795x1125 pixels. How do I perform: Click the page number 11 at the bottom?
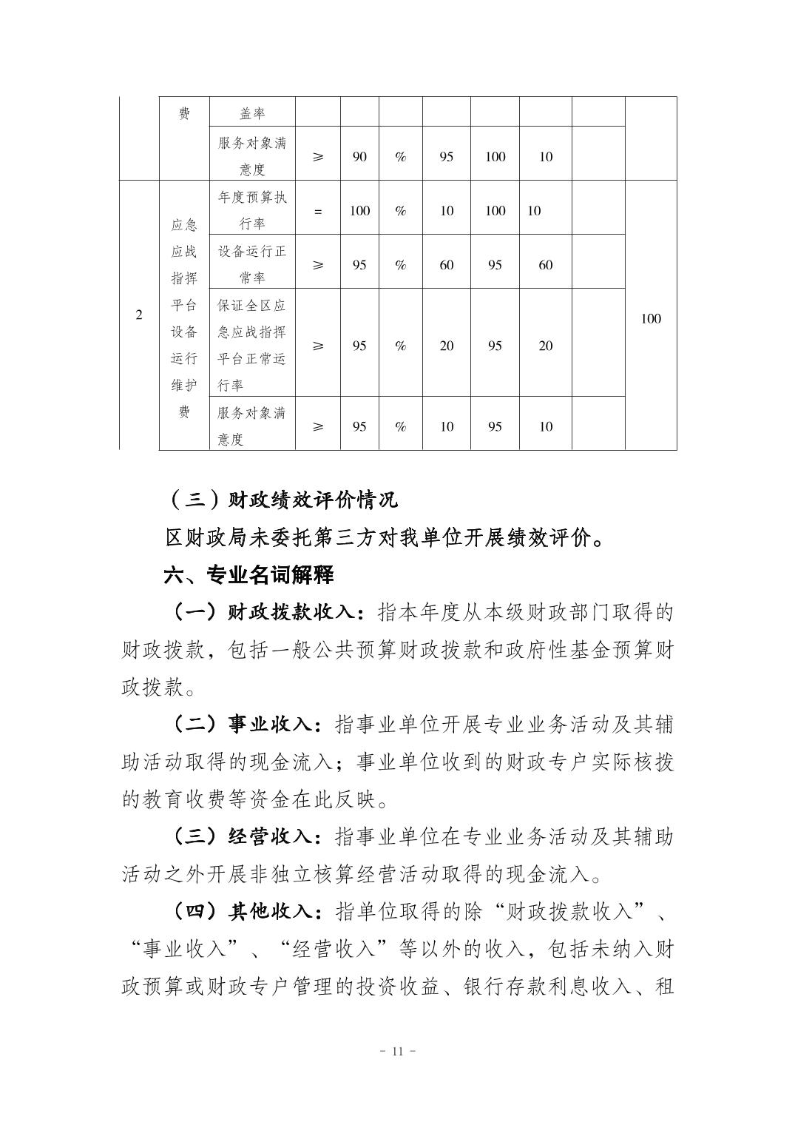click(x=397, y=1052)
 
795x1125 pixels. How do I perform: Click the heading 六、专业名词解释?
click(x=248, y=575)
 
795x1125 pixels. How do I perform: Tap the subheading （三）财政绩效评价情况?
click(x=283, y=500)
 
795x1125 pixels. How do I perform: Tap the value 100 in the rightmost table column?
click(x=651, y=319)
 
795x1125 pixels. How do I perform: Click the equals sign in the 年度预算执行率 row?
click(x=318, y=211)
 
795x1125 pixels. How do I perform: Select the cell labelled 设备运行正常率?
click(x=252, y=264)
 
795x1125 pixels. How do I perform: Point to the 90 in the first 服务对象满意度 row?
click(x=359, y=157)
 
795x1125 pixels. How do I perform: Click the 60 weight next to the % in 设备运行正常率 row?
click(x=447, y=265)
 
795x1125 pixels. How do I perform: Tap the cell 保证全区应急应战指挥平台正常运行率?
click(x=252, y=346)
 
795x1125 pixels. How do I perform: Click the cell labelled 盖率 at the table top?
click(x=252, y=114)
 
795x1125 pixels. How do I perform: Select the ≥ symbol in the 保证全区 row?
click(x=318, y=346)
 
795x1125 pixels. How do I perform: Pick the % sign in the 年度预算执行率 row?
click(x=401, y=211)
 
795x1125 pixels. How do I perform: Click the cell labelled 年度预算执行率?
click(x=252, y=210)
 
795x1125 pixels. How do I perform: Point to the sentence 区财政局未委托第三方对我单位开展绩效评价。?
click(x=385, y=538)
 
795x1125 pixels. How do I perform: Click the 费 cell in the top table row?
click(x=184, y=114)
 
